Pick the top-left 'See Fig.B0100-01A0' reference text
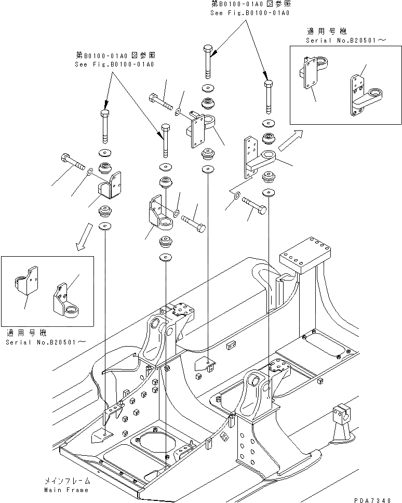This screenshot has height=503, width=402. [115, 64]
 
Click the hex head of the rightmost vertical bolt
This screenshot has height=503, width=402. [268, 83]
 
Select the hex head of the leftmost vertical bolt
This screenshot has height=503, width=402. [103, 114]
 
